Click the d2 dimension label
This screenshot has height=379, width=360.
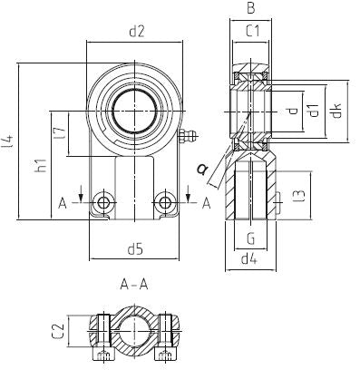point(137,32)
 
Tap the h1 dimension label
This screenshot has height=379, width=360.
point(42,165)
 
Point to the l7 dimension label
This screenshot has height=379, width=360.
point(60,133)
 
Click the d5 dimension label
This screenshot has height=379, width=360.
point(134,249)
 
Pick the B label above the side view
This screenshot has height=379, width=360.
point(250,8)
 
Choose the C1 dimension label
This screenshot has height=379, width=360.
point(252,31)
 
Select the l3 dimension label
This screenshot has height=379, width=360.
point(299,195)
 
